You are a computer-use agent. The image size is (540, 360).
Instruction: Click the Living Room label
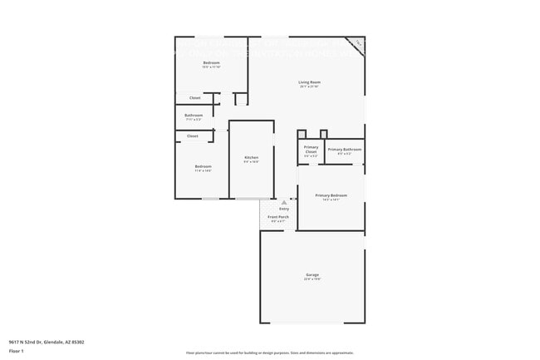click(310, 81)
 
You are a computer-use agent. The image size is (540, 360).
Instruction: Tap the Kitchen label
click(251, 157)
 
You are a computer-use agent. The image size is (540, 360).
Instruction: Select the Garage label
click(312, 274)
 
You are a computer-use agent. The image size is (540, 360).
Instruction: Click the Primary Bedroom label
click(331, 195)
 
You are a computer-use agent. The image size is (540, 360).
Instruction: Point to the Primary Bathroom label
click(344, 150)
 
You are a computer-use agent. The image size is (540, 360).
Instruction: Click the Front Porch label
click(277, 217)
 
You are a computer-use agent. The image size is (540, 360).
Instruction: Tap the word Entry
click(284, 209)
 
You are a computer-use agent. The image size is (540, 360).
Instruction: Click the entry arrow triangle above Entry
click(284, 202)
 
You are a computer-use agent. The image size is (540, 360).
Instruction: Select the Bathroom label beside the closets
click(194, 115)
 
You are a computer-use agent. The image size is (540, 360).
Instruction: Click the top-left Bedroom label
click(211, 63)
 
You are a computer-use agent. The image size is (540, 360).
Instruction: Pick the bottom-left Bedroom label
click(204, 166)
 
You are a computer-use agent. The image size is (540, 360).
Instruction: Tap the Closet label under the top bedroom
click(194, 98)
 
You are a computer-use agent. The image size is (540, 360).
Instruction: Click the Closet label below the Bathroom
click(192, 136)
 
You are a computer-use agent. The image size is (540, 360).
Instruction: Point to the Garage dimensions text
click(312, 279)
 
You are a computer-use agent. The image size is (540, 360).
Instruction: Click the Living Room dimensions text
click(310, 86)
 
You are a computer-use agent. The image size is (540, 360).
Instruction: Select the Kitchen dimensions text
click(251, 162)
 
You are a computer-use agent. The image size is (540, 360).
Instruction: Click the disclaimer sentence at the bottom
click(269, 353)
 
